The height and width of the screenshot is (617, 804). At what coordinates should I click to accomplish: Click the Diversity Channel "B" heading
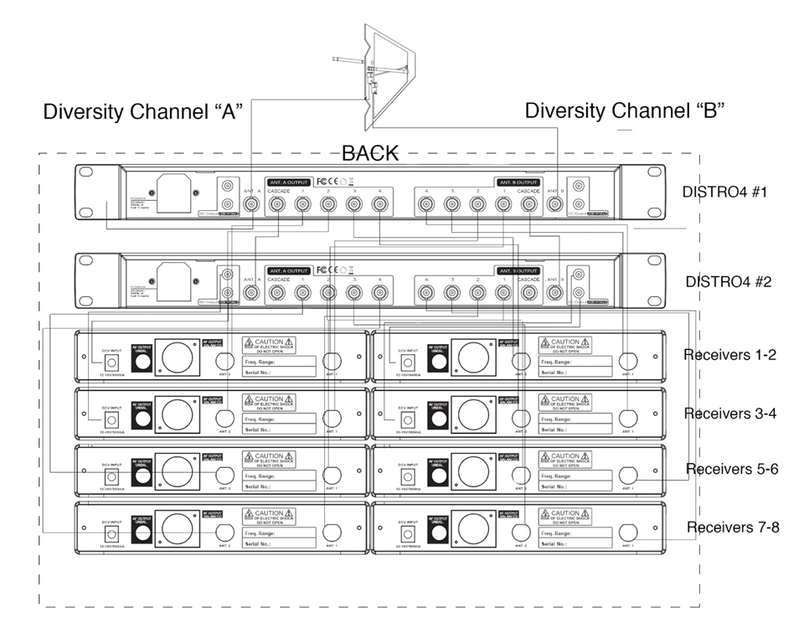click(x=624, y=111)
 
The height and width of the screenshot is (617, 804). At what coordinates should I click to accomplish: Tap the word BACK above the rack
click(x=369, y=153)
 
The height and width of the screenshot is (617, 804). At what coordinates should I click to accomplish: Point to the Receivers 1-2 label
click(x=729, y=355)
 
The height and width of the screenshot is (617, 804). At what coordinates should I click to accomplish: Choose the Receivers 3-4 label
click(x=729, y=414)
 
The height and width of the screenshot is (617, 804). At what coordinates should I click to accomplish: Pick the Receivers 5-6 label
click(x=732, y=469)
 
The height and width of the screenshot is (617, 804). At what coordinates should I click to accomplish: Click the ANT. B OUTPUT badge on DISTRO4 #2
click(x=518, y=270)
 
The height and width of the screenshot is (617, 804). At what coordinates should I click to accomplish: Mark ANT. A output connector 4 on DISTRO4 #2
click(x=380, y=292)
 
